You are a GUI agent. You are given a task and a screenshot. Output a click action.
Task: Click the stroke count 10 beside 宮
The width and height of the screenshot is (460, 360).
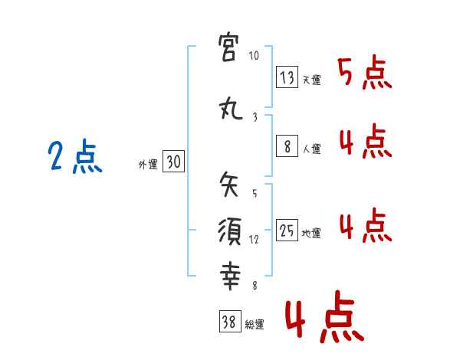coord(255,56)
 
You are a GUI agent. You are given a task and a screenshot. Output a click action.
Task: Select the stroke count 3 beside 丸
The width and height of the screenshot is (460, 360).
coord(255,116)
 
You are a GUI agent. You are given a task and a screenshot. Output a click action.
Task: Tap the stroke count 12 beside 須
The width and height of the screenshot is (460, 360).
coord(255,239)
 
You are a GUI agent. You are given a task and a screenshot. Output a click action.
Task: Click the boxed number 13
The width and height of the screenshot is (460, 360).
coord(287,77)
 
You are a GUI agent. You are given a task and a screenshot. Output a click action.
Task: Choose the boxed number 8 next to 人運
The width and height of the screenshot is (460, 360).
coord(287,146)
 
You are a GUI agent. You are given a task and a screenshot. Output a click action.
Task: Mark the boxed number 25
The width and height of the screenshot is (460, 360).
coord(287,231)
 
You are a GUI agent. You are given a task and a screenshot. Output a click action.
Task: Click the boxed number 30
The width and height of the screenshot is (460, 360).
coord(173,162)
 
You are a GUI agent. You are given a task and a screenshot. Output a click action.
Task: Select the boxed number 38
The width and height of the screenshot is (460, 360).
coord(228,322)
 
